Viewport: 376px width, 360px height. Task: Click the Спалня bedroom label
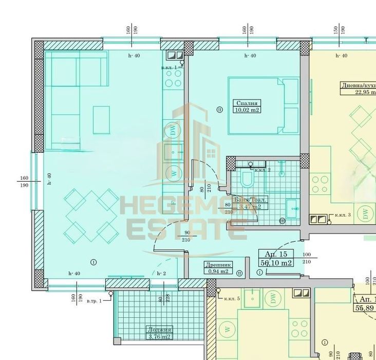pyautogui.click(x=245, y=102)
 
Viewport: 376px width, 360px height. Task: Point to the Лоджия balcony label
pyautogui.click(x=159, y=330)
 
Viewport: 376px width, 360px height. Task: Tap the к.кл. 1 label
pyautogui.click(x=169, y=67)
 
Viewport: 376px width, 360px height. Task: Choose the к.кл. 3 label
pyautogui.click(x=341, y=214)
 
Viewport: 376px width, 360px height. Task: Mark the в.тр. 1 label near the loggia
pyautogui.click(x=94, y=300)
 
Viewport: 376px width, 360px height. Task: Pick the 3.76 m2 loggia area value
pyautogui.click(x=159, y=337)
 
